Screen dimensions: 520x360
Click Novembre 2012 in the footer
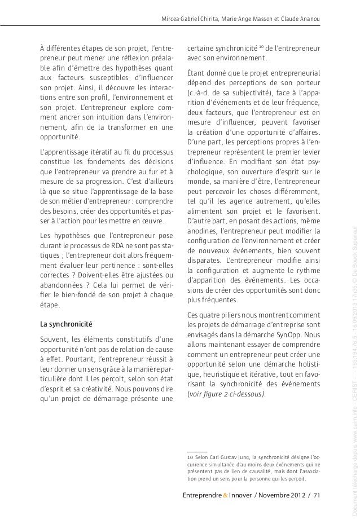(280, 495)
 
